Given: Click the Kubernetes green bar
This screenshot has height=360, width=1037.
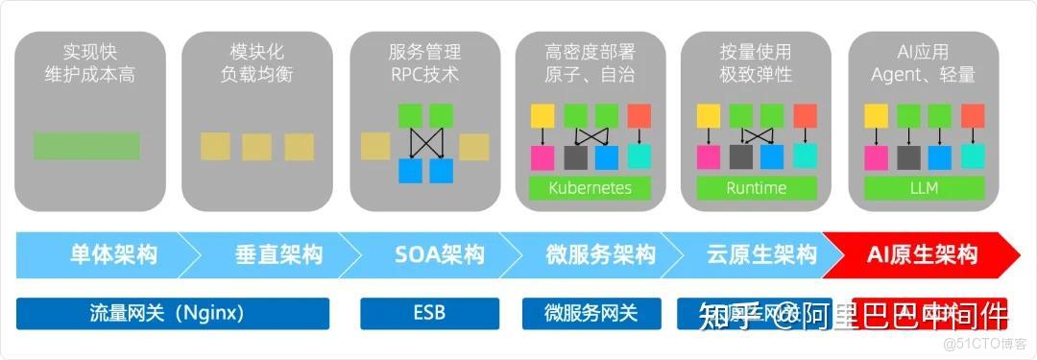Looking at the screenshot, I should [x=590, y=187].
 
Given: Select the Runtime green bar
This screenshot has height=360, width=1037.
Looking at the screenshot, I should [x=756, y=187].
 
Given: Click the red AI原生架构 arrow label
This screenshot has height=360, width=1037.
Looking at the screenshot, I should [x=922, y=254].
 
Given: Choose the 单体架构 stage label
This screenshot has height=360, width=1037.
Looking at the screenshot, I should [x=113, y=254].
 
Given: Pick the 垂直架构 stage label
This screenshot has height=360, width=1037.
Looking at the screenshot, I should [x=278, y=254].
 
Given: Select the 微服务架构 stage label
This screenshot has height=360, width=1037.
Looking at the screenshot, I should [x=601, y=254].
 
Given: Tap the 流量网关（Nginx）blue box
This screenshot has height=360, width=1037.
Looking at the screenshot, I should [x=173, y=313].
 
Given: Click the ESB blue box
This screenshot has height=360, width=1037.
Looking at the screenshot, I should [x=429, y=313].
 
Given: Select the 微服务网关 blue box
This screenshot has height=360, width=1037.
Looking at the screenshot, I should [x=591, y=313].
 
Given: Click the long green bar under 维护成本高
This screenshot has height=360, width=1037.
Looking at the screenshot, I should [x=86, y=146].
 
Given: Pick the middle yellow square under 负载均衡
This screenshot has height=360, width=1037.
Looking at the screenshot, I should [x=256, y=146].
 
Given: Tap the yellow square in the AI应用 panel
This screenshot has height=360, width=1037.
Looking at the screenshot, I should [x=876, y=116].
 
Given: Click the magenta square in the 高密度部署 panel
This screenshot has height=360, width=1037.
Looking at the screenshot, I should [x=543, y=156].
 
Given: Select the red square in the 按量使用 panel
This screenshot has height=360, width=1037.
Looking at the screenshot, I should [x=804, y=116].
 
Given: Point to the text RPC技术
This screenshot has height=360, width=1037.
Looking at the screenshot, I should [x=423, y=74].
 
